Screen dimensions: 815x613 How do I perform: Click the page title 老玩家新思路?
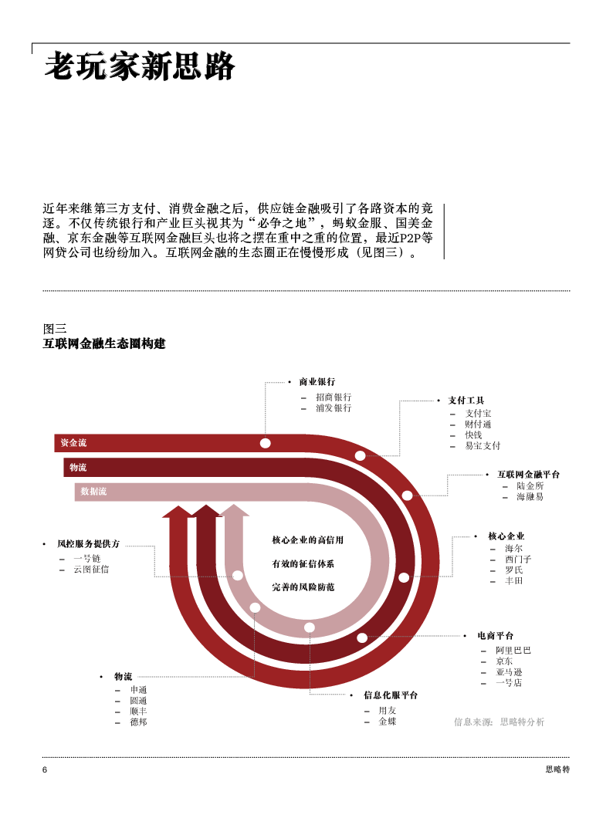(139, 68)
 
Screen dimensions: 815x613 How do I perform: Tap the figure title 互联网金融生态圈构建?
(104, 343)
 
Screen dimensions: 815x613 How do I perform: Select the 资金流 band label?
(73, 443)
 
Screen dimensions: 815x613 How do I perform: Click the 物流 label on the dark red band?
(78, 468)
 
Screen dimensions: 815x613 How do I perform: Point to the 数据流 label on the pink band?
(93, 492)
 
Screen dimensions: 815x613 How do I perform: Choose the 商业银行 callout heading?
(317, 382)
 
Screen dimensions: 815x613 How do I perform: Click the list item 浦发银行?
(334, 408)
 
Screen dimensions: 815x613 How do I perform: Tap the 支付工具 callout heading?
(466, 401)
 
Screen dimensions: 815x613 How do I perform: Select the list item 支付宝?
(478, 414)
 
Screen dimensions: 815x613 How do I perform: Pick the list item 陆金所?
(530, 486)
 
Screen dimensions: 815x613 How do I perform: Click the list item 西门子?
(518, 559)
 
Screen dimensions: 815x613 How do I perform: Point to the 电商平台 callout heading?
(495, 636)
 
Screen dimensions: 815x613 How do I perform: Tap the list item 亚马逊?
(510, 672)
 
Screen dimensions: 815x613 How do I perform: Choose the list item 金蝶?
(387, 722)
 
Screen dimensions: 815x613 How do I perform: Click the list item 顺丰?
(138, 712)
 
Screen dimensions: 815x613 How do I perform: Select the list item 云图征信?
(91, 569)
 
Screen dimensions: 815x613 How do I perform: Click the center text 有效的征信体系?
(303, 564)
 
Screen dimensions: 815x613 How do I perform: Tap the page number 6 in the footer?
(45, 770)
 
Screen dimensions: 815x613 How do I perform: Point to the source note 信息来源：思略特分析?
(499, 722)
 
